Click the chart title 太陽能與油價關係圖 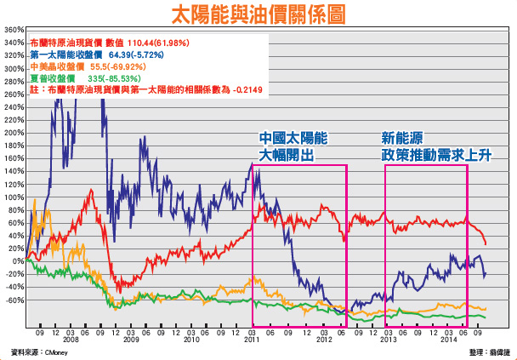pos(258,14)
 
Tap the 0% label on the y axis pos(16,261)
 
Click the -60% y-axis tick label pos(14,300)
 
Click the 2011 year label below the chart pos(252,338)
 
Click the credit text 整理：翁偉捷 pos(488,351)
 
